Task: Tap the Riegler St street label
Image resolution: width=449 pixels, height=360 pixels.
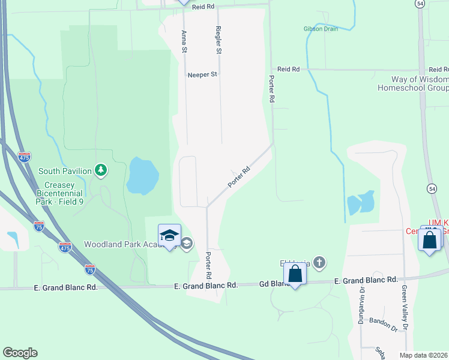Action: [219, 41]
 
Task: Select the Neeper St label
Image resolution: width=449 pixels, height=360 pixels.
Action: [202, 74]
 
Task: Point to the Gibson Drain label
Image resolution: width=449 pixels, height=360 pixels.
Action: [321, 29]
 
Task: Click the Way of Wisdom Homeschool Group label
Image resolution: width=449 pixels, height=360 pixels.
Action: [412, 83]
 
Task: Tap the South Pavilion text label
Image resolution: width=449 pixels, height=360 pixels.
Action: [65, 171]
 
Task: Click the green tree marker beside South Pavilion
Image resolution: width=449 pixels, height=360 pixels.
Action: [102, 171]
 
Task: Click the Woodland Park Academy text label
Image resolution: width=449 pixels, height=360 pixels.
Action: [119, 244]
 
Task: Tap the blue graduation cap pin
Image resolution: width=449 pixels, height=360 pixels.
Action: [170, 235]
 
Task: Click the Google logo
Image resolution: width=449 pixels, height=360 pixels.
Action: [20, 353]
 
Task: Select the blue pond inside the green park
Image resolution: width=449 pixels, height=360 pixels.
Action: [143, 176]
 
